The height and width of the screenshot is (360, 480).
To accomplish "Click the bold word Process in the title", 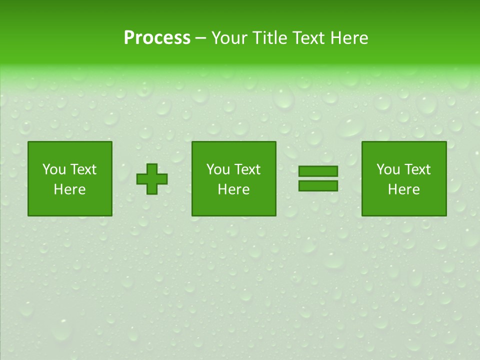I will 157,38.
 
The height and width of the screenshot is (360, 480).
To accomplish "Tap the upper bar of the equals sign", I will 318,171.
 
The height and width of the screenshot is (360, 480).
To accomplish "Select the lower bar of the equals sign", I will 318,185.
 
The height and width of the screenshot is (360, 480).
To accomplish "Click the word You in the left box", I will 53,169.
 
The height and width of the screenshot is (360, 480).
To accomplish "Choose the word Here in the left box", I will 69,189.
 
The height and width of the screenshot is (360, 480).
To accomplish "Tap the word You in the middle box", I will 217,169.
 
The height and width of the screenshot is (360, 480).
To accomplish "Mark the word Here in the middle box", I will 233,189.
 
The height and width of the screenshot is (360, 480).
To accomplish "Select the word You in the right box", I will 387,169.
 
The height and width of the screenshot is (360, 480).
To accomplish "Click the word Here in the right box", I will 403,189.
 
